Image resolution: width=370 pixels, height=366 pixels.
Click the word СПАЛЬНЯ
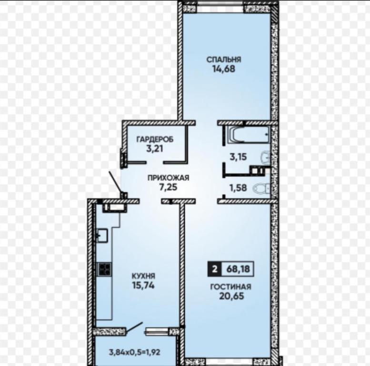pos(224,59)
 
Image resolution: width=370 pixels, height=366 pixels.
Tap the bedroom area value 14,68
pos(224,69)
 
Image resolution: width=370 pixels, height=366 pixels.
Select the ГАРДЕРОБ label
pos(155,139)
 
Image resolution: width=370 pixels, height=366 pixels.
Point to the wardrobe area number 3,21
pos(155,149)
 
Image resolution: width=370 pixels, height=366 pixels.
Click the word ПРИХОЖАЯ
pos(168,178)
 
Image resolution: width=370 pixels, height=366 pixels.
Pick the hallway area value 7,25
pos(168,187)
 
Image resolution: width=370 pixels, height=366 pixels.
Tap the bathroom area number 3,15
pos(238,157)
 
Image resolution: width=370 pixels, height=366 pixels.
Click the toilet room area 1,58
pos(238,188)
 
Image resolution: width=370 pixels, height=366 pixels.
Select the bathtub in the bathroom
pos(249,134)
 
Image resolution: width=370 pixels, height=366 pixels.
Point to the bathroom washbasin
pos(265,157)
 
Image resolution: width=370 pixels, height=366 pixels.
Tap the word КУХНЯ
pos(143,276)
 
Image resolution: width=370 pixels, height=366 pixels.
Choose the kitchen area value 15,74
pos(143,285)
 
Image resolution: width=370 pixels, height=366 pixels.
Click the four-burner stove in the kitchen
pos(104,269)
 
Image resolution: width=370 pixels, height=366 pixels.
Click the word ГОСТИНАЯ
pos(230,286)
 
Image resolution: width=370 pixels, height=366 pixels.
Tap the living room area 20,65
pos(231,296)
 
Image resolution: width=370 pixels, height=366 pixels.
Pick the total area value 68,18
pos(238,269)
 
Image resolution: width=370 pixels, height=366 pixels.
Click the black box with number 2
pos(214,269)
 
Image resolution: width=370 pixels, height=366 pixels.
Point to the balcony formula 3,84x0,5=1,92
pos(134,352)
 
